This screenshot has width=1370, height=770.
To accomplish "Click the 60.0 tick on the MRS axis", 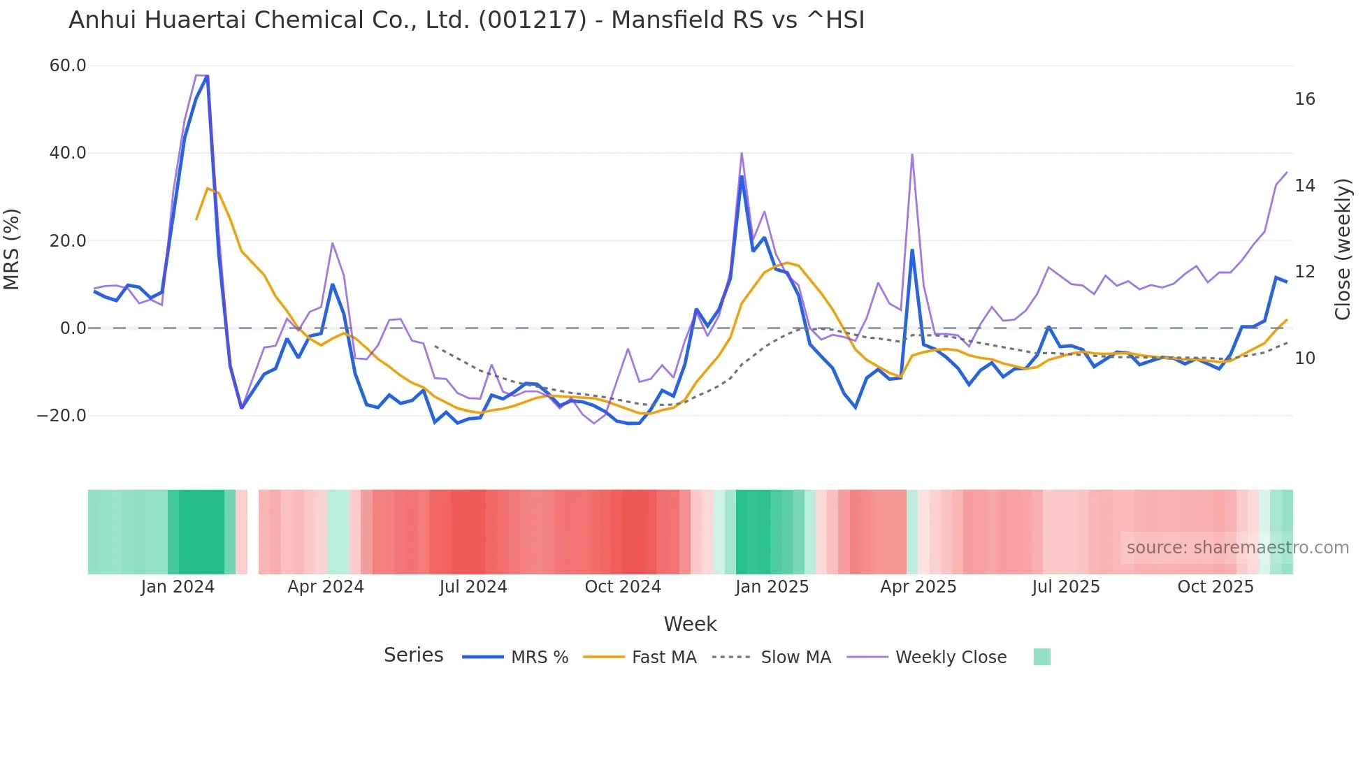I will click(68, 66).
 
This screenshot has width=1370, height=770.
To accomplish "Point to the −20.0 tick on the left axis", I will click(62, 416).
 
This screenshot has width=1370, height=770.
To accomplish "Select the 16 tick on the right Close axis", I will click(1304, 99).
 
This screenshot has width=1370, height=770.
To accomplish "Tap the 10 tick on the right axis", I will click(1304, 358).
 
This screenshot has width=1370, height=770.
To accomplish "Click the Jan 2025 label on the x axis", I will click(772, 587).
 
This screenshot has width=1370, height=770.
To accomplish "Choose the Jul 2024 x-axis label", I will click(473, 587).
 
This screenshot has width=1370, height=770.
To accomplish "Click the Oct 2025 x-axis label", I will click(1216, 587).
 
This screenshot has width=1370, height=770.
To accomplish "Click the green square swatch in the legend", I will click(1041, 657).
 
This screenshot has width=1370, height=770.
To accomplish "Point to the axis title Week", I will click(690, 624).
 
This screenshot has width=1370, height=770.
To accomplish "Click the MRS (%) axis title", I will click(12, 249).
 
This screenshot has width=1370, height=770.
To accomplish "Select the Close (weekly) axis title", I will click(1342, 249).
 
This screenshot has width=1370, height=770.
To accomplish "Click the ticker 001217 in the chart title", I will click(532, 20).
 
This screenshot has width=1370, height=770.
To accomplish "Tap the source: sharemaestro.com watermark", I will click(1237, 548).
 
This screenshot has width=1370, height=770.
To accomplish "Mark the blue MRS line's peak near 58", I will click(207, 76).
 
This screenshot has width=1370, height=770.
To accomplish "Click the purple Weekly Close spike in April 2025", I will click(912, 154).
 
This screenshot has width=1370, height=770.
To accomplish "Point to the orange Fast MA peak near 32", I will click(208, 188).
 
